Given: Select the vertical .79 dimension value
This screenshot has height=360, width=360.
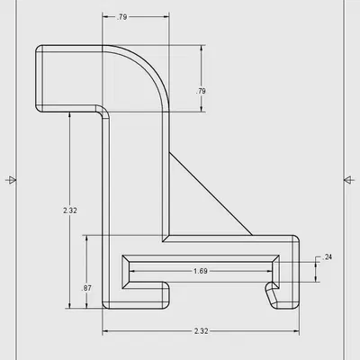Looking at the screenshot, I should (202, 91).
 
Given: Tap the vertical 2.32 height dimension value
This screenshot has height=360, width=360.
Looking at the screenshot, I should (69, 210).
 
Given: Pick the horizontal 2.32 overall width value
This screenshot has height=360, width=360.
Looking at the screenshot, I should (202, 331).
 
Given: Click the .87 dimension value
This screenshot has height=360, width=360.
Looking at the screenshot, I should (85, 287).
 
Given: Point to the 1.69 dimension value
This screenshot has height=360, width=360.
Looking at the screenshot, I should (202, 271).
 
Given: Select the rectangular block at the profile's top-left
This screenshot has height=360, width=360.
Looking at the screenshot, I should (67, 78).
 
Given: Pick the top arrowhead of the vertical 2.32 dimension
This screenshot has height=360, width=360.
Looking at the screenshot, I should (69, 115).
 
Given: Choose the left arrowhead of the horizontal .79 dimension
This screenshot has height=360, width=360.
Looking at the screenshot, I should (106, 16).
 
